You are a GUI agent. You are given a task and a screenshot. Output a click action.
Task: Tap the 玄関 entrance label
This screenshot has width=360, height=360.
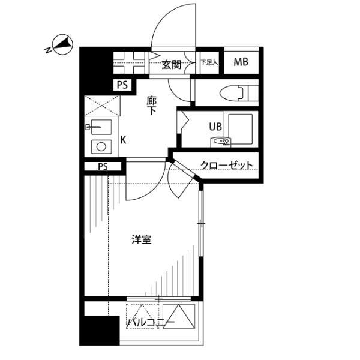click(x=171, y=63)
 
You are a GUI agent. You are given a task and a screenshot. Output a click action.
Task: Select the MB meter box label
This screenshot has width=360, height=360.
click(x=241, y=61)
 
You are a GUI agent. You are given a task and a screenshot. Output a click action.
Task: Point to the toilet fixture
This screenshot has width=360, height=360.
click(x=234, y=94)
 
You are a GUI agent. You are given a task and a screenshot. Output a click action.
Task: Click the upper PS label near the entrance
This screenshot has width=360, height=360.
click(x=122, y=86)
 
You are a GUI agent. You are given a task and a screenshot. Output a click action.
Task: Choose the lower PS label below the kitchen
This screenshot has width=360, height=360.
click(x=101, y=167)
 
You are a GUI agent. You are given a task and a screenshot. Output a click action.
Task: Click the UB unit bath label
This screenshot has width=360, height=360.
click(x=214, y=126)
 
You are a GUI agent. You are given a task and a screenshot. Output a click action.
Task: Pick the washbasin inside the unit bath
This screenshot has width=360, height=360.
click(x=223, y=142)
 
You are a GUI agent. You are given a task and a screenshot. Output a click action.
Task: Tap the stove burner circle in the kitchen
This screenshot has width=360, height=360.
click(x=100, y=146)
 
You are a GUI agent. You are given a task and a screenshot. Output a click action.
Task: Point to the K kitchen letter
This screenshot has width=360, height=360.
click(x=122, y=140)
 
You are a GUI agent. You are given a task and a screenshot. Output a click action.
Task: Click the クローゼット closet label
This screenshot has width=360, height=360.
click(x=226, y=166)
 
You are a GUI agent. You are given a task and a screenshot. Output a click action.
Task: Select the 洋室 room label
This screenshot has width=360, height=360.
click(x=142, y=240)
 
